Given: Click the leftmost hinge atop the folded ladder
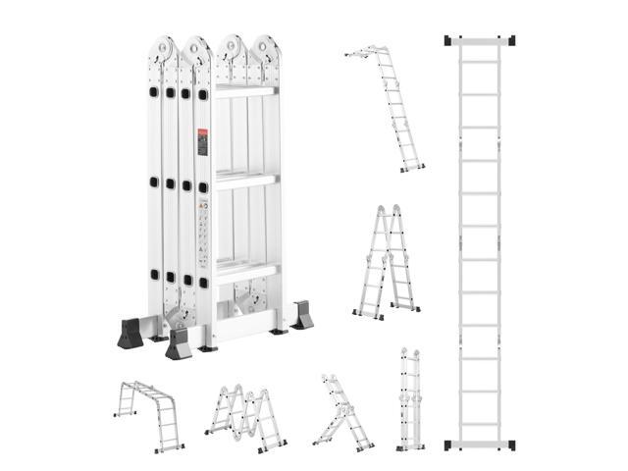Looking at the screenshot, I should [164, 50].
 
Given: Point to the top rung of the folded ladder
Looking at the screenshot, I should [244, 90].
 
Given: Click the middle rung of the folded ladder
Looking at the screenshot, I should [244, 180].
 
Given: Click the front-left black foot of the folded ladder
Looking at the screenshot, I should [180, 344].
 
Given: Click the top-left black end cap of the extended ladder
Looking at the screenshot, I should [450, 41].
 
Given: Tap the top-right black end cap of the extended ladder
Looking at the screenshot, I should [509, 41].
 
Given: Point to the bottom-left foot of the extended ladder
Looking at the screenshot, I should [450, 445].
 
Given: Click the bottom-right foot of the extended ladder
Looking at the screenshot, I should [509, 445].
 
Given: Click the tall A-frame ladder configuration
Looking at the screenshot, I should [387, 263].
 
